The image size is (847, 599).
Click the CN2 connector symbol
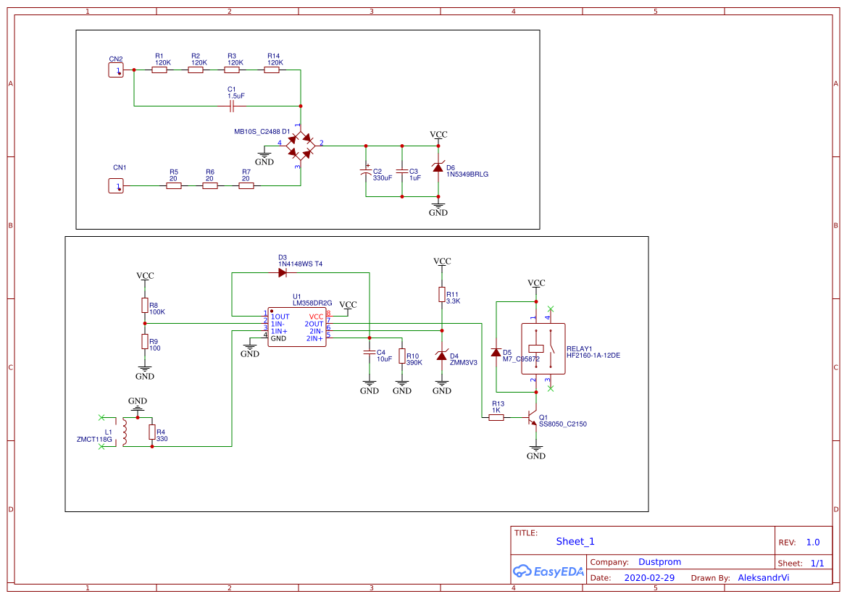pyautogui.click(x=116, y=70)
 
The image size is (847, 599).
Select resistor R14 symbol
pyautogui.click(x=275, y=70)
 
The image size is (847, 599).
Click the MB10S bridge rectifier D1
pyautogui.click(x=300, y=146)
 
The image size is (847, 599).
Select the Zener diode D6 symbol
pyautogui.click(x=438, y=168)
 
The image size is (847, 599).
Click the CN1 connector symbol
pyautogui.click(x=116, y=186)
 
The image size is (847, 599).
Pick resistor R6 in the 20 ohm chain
pyautogui.click(x=209, y=186)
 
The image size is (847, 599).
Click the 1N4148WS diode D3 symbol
pyautogui.click(x=283, y=273)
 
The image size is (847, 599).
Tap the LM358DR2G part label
pyautogui.click(x=312, y=303)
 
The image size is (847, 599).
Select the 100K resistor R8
pyautogui.click(x=145, y=305)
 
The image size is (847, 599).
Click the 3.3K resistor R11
pyautogui.click(x=442, y=294)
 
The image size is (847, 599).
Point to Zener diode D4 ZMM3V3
pyautogui.click(x=442, y=356)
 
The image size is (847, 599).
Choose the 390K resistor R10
pyautogui.click(x=402, y=359)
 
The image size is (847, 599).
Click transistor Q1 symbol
pyautogui.click(x=533, y=419)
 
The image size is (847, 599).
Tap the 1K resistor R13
pyautogui.click(x=496, y=418)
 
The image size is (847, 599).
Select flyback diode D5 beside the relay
pyautogui.click(x=496, y=353)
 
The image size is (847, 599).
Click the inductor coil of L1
pyautogui.click(x=125, y=432)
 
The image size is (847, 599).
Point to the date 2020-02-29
pyautogui.click(x=649, y=578)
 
